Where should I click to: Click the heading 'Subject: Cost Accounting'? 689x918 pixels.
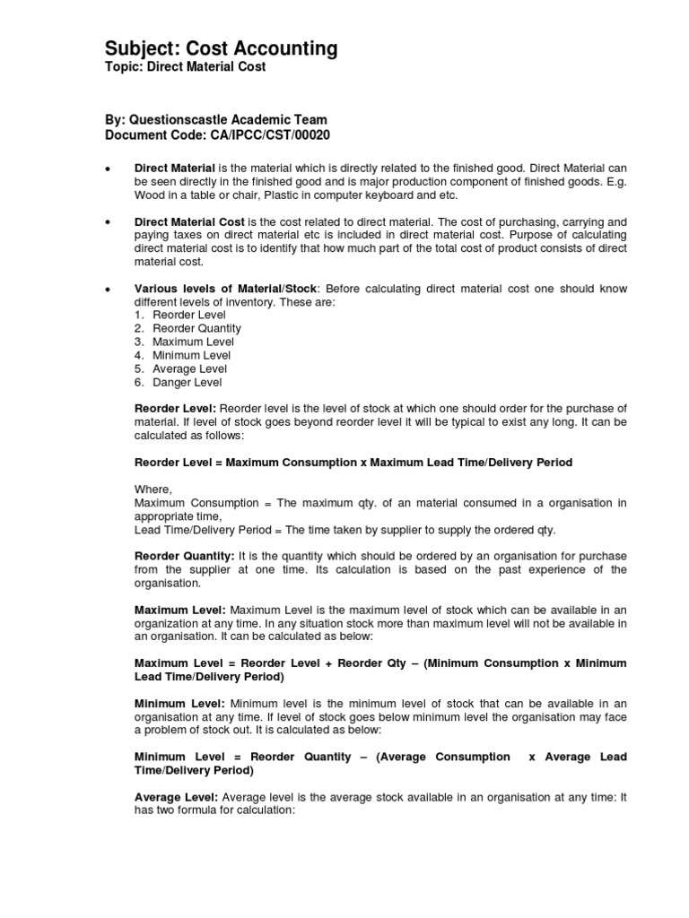click(221, 48)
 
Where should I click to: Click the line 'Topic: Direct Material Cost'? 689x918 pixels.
click(186, 68)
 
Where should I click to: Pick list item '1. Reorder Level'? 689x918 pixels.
click(176, 315)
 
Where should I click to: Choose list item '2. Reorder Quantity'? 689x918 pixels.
click(188, 328)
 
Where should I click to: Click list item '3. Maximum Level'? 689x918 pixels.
click(184, 342)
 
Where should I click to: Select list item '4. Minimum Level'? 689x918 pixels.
click(183, 355)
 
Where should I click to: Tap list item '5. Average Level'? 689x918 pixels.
click(180, 368)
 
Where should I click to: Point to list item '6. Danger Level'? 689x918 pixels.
click(178, 382)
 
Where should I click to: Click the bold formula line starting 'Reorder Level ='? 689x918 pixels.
click(353, 463)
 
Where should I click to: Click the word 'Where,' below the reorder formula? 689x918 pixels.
click(153, 489)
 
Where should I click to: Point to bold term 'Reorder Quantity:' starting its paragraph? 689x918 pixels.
click(184, 556)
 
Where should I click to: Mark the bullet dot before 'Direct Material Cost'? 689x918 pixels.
click(108, 221)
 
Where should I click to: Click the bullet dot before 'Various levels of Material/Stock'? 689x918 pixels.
click(108, 289)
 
